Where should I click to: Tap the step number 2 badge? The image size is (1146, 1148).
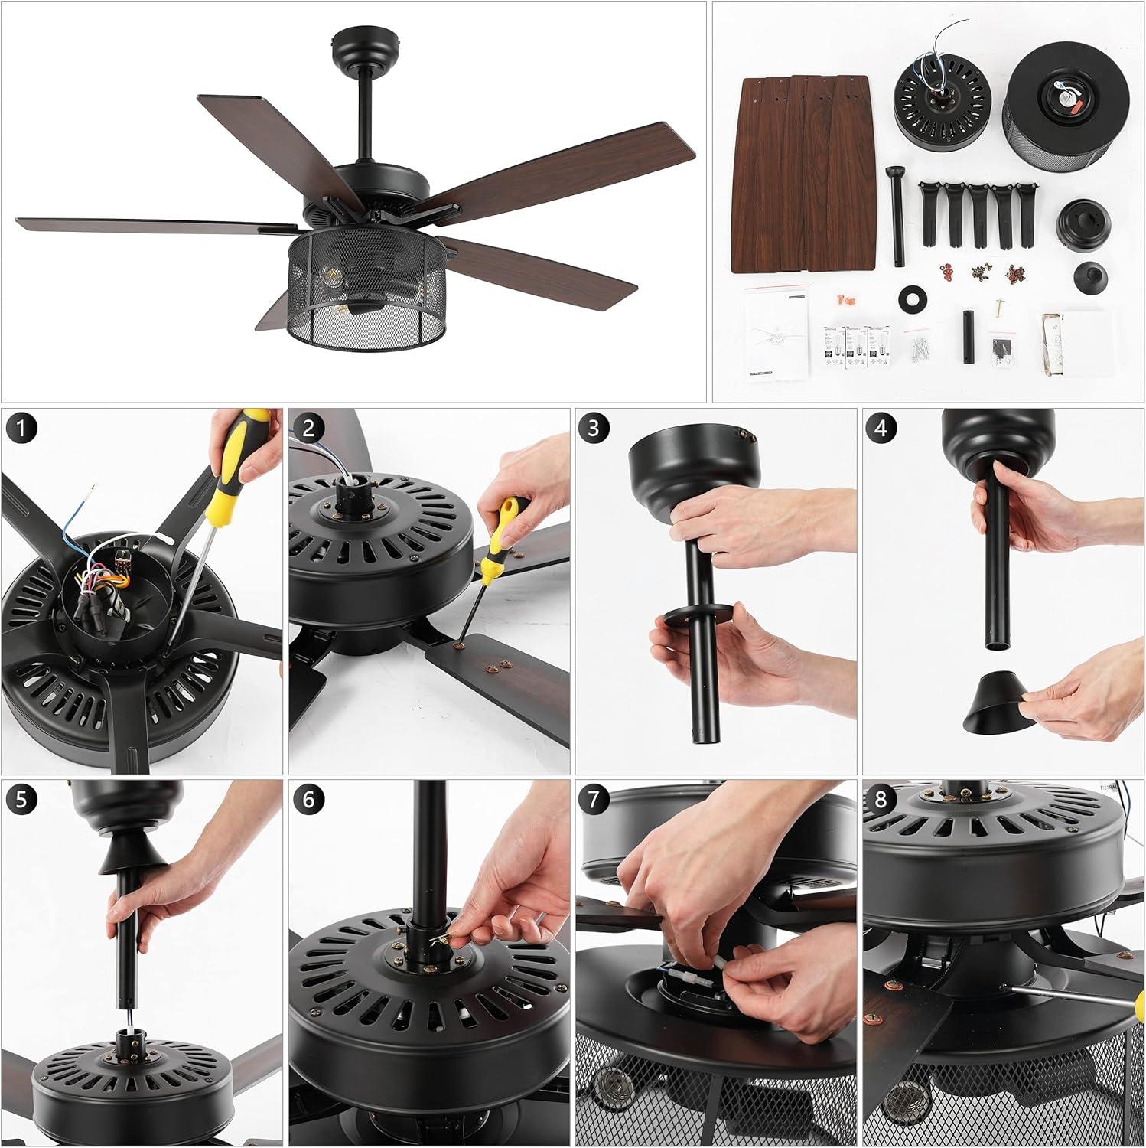point(308,429)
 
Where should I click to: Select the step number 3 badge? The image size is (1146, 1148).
point(594,429)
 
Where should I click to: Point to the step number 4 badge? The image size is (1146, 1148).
point(881,429)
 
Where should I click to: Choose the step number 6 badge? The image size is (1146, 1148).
point(308,800)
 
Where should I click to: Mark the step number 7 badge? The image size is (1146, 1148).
point(594,800)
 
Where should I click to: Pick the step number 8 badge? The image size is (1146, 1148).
point(881,800)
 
